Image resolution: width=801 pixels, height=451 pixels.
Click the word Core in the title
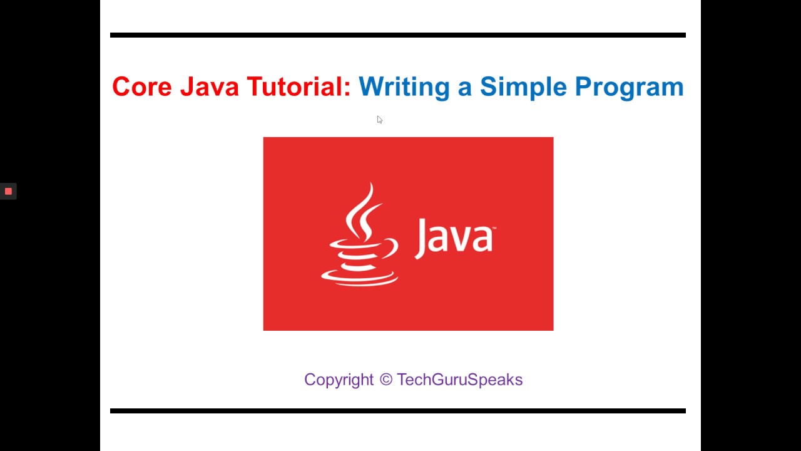(142, 86)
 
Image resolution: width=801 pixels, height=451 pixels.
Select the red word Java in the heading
(210, 86)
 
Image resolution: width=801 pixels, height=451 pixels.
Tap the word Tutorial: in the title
(298, 86)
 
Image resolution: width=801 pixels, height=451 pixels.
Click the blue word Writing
(404, 86)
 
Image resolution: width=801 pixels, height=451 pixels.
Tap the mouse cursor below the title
(379, 120)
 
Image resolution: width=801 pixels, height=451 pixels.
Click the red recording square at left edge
(8, 191)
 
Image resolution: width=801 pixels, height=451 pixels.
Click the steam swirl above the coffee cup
(363, 210)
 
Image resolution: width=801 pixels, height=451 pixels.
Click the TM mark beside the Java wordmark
(493, 229)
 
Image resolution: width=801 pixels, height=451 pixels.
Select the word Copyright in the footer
(339, 380)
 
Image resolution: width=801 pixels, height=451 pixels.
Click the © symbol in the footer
(385, 380)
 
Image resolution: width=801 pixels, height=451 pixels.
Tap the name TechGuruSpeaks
(459, 380)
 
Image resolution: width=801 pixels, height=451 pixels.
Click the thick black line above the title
(398, 35)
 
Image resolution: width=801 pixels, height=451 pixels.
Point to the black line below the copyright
(398, 411)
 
